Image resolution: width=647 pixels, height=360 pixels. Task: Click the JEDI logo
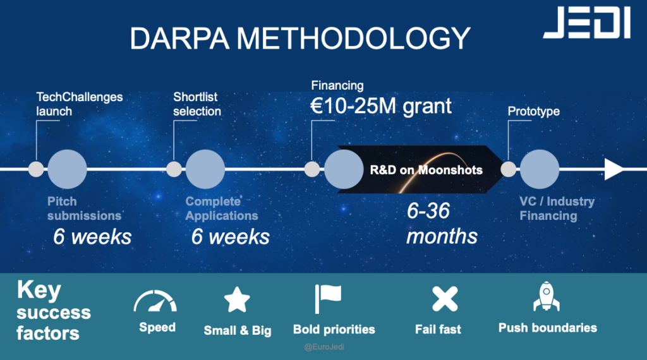(x=587, y=23)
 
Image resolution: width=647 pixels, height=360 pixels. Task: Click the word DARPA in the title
(x=179, y=39)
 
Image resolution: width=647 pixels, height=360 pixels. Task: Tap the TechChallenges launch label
(x=79, y=104)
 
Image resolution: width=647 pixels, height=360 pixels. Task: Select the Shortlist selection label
(x=197, y=104)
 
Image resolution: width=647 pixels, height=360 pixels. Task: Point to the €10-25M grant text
(x=381, y=106)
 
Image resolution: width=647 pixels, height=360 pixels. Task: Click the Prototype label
(x=533, y=111)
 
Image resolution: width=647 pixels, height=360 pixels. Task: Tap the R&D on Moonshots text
(x=426, y=170)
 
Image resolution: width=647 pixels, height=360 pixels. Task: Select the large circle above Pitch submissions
(x=67, y=169)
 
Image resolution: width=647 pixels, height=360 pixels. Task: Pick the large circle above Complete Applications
(x=205, y=169)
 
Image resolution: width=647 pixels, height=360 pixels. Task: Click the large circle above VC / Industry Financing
(x=540, y=169)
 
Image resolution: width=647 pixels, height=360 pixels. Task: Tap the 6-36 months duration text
(x=442, y=223)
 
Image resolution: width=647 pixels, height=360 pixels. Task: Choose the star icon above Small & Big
(x=237, y=300)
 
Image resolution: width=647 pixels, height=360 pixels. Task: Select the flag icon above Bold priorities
(x=328, y=299)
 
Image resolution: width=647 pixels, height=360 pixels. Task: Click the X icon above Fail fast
(x=445, y=299)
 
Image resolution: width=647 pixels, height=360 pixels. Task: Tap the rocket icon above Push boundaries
(x=547, y=296)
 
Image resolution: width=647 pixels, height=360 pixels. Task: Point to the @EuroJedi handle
(x=324, y=347)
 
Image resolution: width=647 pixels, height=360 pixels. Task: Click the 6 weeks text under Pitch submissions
(x=92, y=237)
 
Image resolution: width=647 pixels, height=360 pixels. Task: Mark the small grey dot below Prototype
(x=509, y=169)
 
